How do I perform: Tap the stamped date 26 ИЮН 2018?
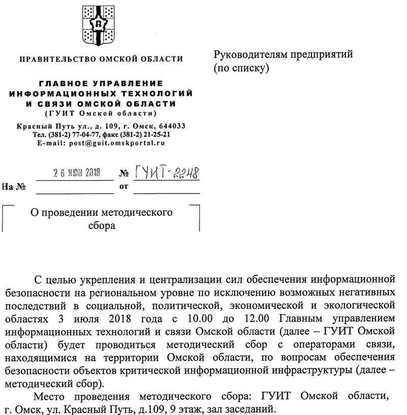77,173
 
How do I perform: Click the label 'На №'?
14,186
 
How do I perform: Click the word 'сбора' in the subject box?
102,225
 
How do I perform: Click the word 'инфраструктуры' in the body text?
316,371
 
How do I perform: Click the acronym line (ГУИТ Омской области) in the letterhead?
101,113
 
